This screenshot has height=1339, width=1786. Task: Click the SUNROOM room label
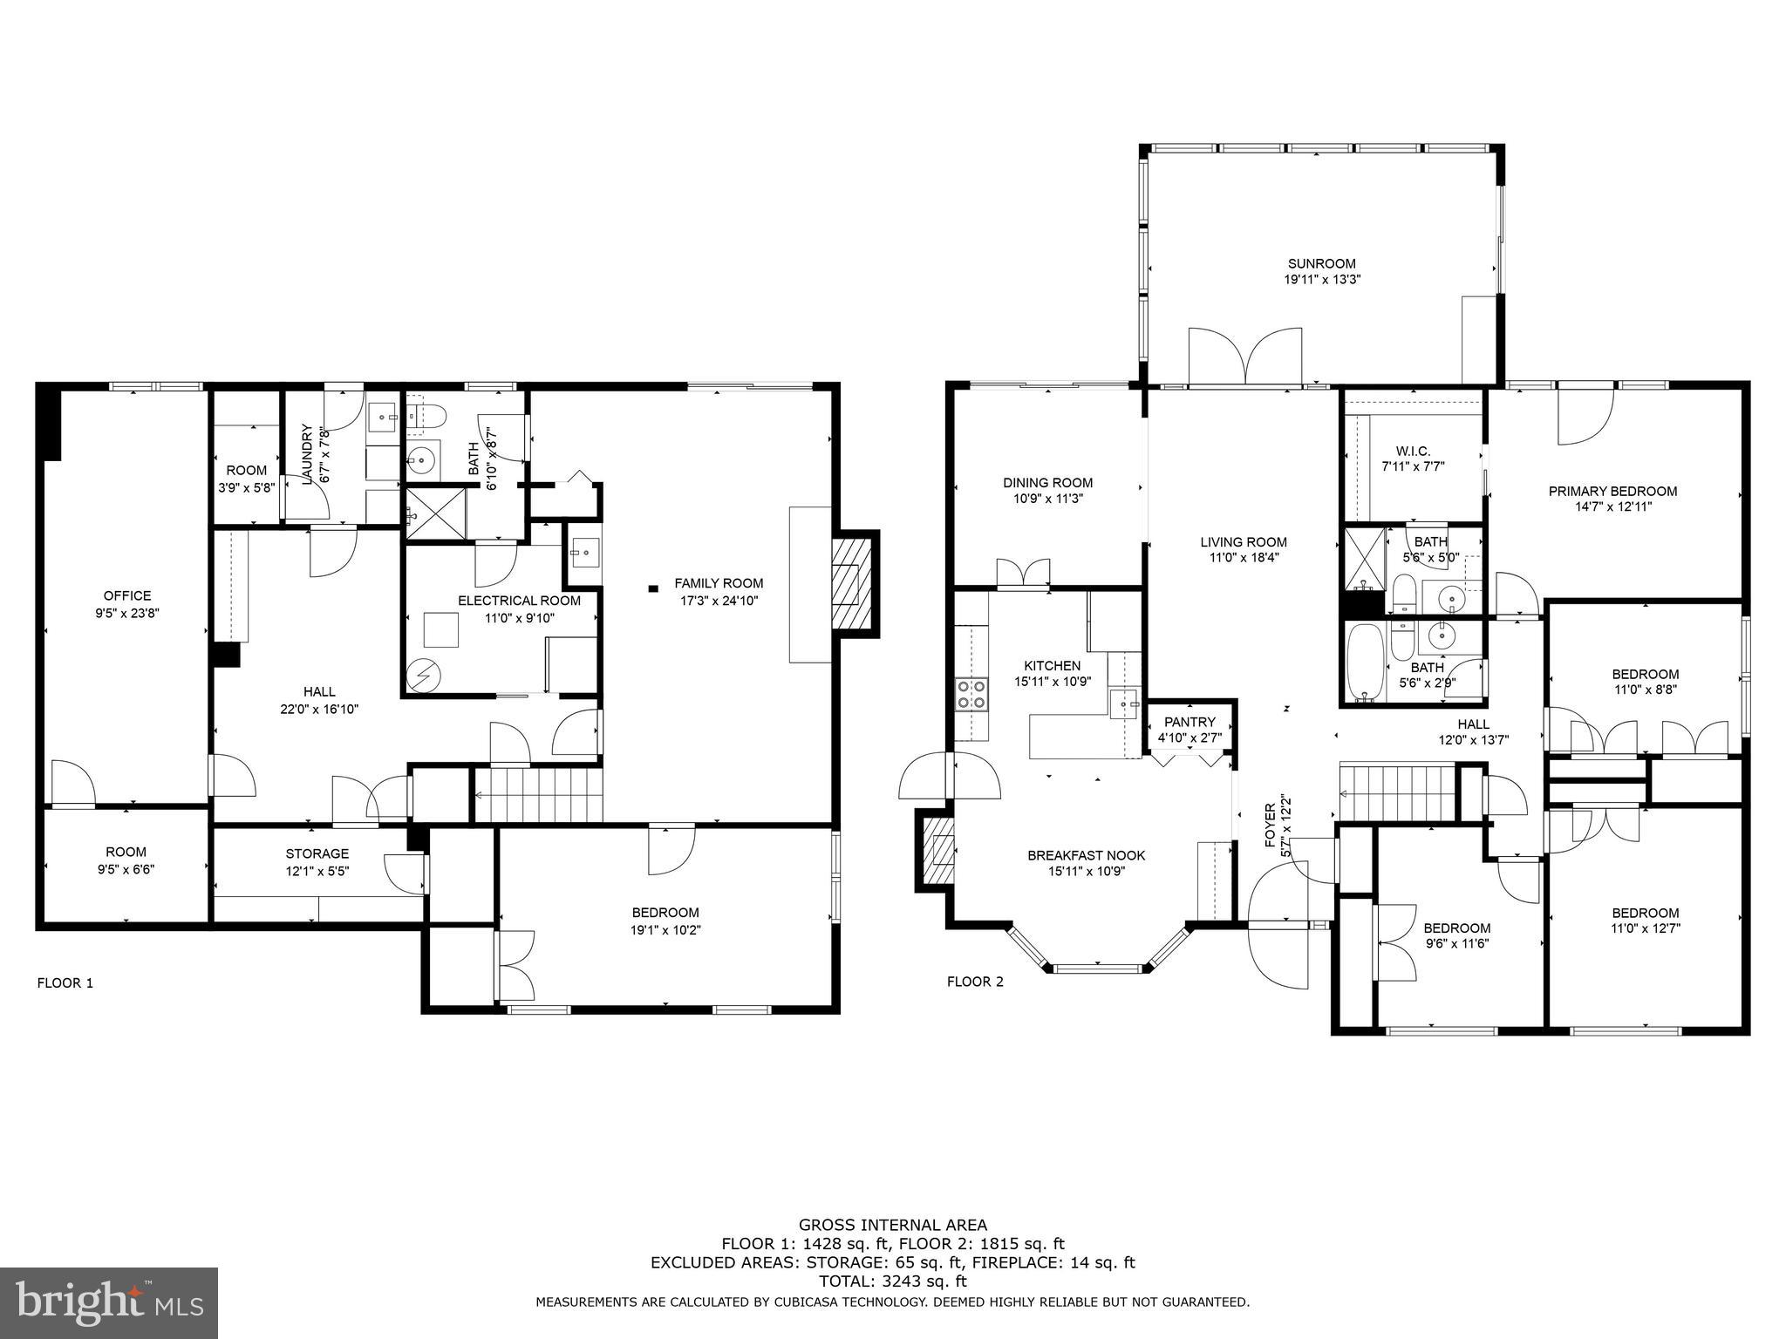1322,263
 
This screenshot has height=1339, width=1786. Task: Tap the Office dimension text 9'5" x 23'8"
127,613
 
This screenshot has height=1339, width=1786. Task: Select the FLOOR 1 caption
65,983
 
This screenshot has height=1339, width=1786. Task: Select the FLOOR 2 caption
975,982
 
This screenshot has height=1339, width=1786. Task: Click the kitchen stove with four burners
971,694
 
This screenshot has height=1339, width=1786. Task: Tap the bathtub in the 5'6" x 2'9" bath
1360,663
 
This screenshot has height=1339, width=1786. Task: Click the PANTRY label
1190,722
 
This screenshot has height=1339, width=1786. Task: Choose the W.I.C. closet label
1413,451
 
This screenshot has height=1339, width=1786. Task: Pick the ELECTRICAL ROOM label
519,601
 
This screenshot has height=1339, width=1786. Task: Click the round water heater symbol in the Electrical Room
424,675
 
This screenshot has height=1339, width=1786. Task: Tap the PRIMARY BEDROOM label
1612,491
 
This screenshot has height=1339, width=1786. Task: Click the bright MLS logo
109,1303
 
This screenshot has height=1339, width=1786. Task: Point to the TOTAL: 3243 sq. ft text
892,1281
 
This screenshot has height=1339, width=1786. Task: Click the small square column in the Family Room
652,588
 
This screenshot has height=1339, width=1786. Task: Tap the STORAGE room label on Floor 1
317,853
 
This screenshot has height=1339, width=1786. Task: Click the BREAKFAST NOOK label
1086,855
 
